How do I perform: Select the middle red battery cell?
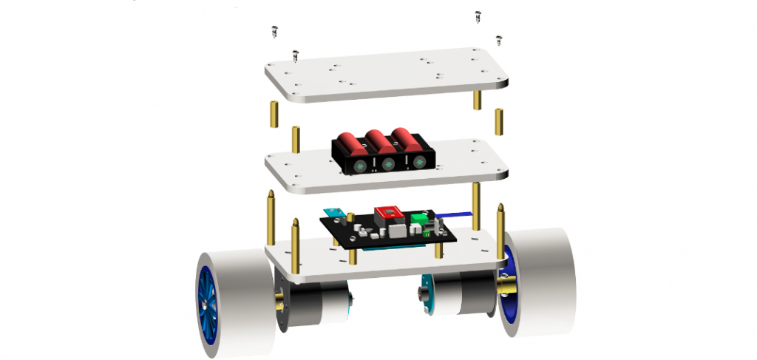[x=377, y=140]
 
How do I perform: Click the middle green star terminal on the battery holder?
[x=387, y=161]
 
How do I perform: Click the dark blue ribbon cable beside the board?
[x=452, y=215]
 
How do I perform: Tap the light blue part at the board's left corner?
[x=334, y=214]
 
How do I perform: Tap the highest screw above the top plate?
[x=477, y=15]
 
